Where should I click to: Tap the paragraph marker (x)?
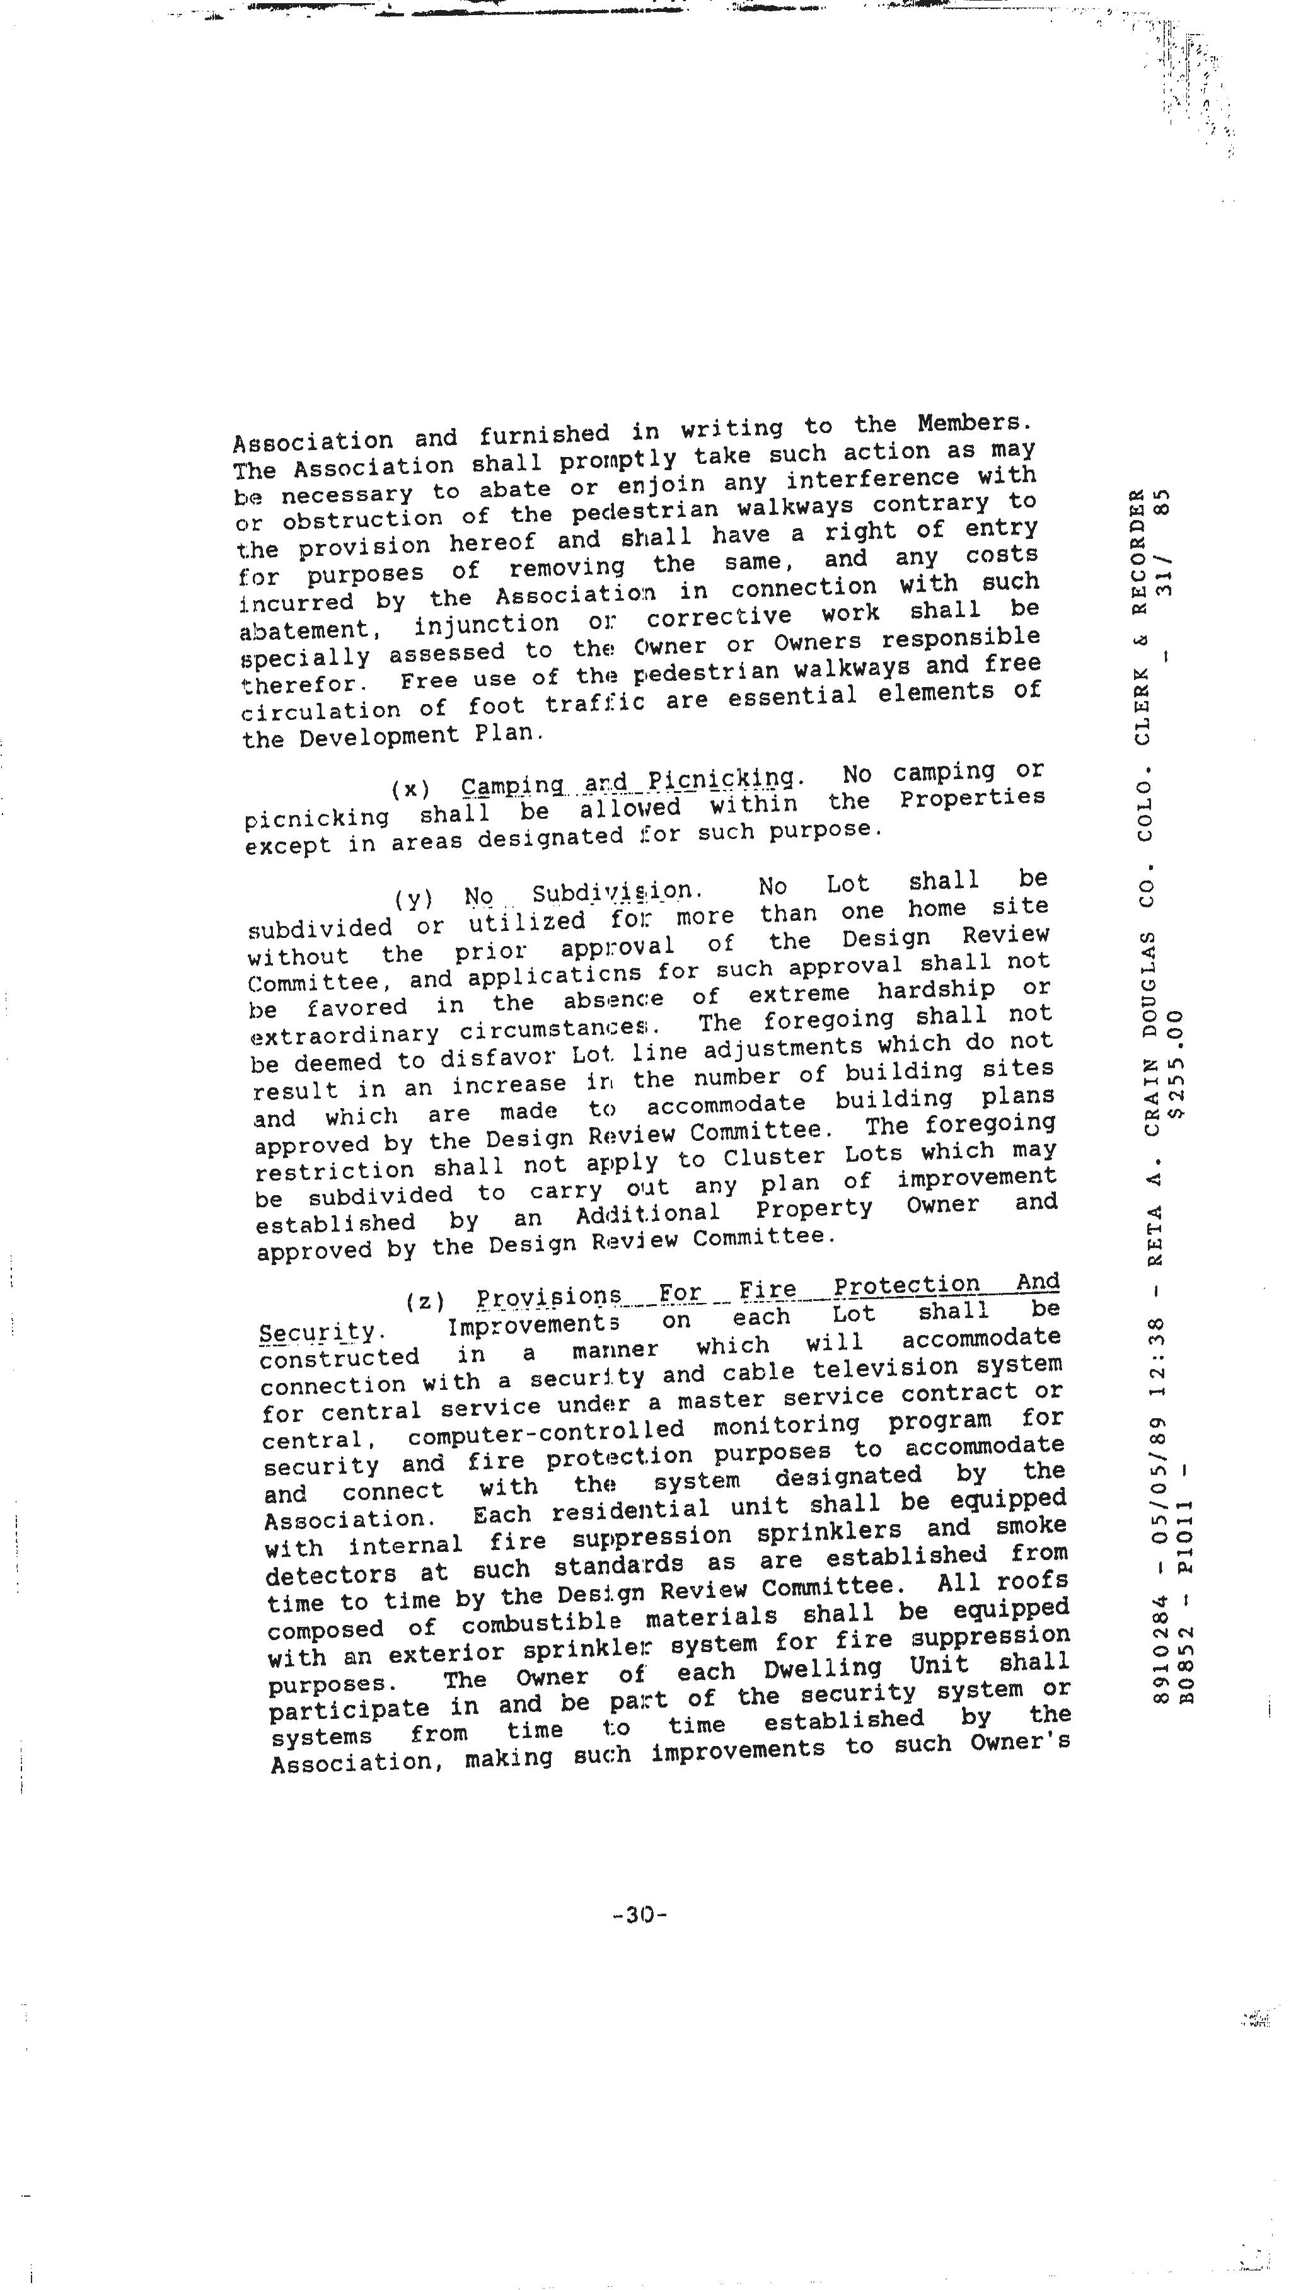pyautogui.click(x=410, y=789)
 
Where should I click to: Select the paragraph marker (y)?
pyautogui.click(x=414, y=899)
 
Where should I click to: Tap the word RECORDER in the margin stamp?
pyautogui.click(x=1140, y=544)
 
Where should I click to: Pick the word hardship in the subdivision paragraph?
pyautogui.click(x=934, y=990)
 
